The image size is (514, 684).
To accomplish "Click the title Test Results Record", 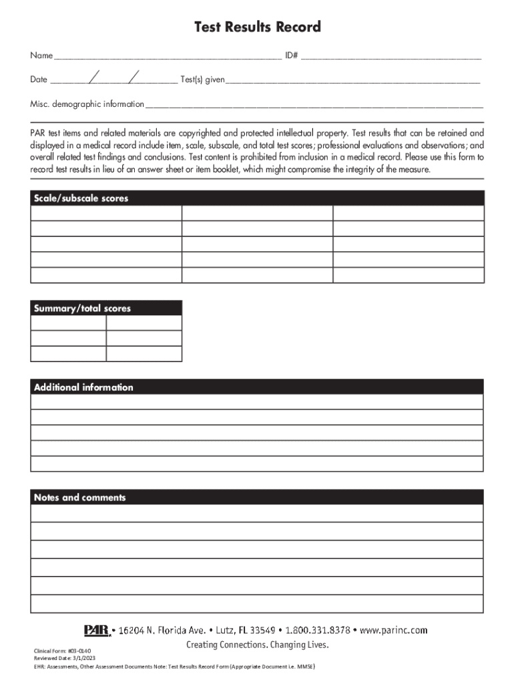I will tap(257, 27).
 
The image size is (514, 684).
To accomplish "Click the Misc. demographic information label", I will tap(87, 104).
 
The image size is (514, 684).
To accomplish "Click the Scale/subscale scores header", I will tap(81, 198).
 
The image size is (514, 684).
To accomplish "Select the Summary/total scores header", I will tap(82, 309).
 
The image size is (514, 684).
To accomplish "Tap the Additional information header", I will tap(83, 387).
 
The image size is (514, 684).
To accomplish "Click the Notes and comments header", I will tap(79, 498).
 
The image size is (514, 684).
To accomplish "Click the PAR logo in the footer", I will tap(97, 629).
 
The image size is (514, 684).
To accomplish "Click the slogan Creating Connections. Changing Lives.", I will tap(257, 645).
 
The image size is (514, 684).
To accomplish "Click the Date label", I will tap(39, 80).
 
